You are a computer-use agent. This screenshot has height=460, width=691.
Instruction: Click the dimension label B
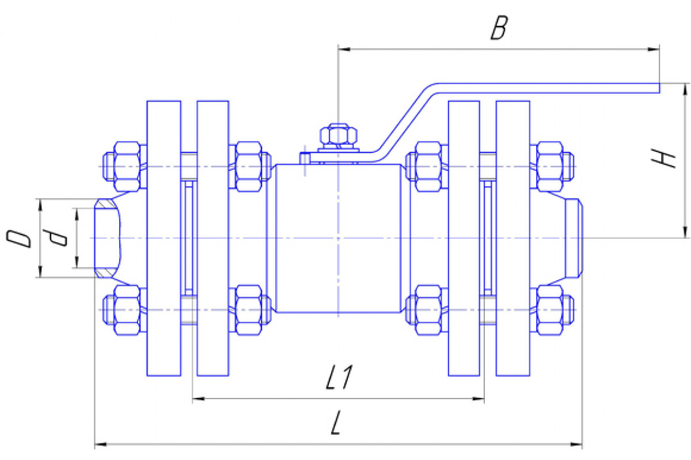click(499, 28)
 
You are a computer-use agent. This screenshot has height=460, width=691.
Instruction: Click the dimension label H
click(663, 158)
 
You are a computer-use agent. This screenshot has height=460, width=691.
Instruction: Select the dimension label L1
click(339, 377)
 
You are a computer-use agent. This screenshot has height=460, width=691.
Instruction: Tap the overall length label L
click(336, 423)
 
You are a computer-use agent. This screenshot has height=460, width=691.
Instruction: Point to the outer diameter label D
click(19, 239)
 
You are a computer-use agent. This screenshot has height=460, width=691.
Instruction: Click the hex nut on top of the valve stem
click(339, 136)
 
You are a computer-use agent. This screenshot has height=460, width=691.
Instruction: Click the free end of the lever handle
click(659, 88)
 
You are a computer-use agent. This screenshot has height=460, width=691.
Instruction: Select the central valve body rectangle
click(338, 238)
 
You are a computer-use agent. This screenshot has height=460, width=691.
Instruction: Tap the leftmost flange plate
click(164, 238)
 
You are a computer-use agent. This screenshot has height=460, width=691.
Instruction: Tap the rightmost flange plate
click(512, 238)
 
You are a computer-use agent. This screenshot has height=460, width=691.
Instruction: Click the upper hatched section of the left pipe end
click(105, 204)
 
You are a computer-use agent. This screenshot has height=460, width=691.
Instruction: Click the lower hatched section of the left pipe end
click(105, 273)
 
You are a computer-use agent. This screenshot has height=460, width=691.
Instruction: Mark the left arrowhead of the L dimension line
click(101, 444)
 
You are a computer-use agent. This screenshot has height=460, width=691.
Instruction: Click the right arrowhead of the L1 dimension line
click(478, 399)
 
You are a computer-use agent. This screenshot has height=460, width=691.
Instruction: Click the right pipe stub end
click(574, 238)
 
